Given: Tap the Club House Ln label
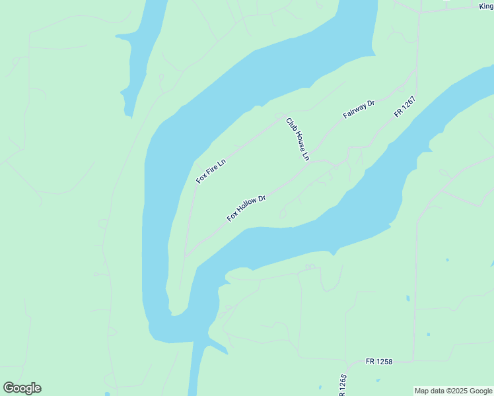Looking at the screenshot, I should point(297,139).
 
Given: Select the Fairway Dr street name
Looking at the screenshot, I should point(359,109).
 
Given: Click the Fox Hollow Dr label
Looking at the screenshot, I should point(246,208).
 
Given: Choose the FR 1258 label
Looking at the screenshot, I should point(379,362).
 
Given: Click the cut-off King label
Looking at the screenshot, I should point(486,6).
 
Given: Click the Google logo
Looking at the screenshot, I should point(22,388).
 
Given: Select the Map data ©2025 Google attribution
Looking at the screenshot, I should point(454,391).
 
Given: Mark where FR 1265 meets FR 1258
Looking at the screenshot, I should point(347,362).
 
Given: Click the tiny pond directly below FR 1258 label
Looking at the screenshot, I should point(378,381).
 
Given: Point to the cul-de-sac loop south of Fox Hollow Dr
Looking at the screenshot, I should point(283,214).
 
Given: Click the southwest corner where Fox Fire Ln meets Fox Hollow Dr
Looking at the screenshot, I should point(186,255).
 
